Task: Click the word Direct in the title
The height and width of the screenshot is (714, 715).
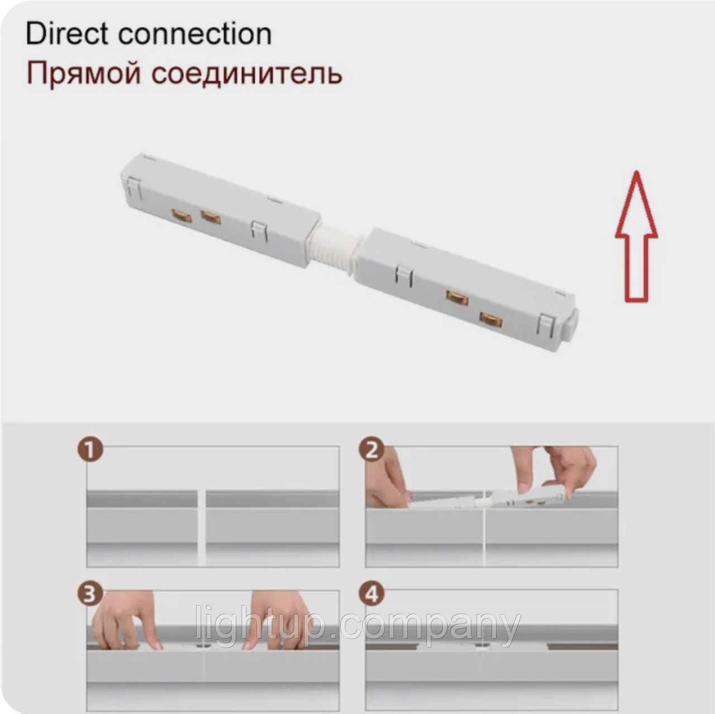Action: (68, 34)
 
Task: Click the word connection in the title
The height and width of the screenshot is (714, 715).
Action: (195, 35)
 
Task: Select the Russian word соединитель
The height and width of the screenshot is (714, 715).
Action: (247, 74)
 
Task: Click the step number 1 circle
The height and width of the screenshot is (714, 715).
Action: (90, 451)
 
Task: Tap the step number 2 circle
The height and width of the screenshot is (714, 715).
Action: (370, 451)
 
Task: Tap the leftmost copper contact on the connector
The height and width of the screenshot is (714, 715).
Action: (181, 216)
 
